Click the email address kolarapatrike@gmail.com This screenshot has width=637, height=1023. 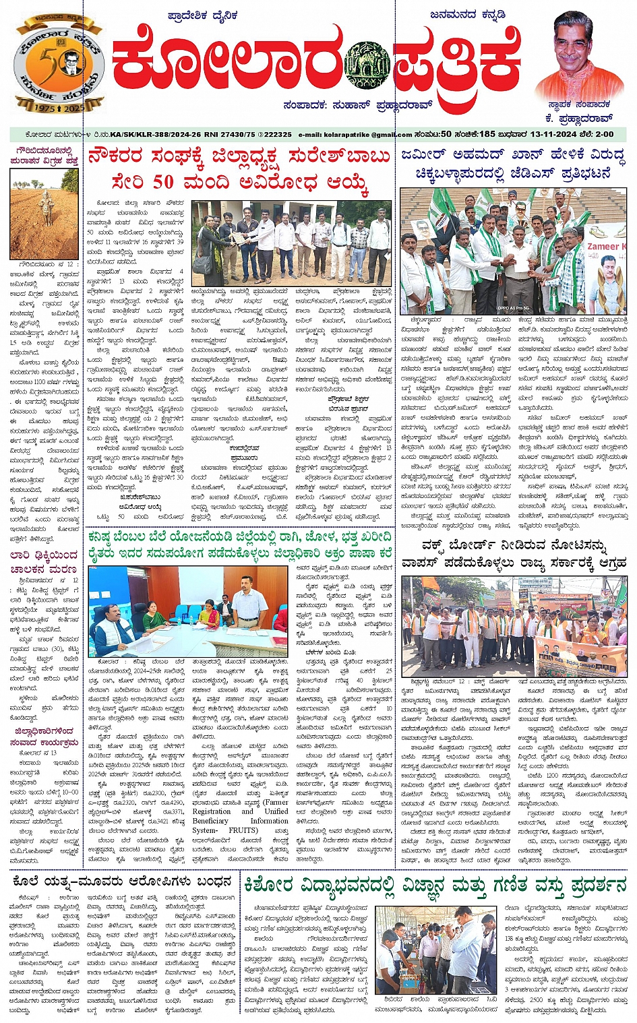click(355, 135)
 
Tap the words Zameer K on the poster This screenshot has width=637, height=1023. click(606, 247)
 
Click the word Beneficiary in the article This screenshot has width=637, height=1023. click(210, 821)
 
